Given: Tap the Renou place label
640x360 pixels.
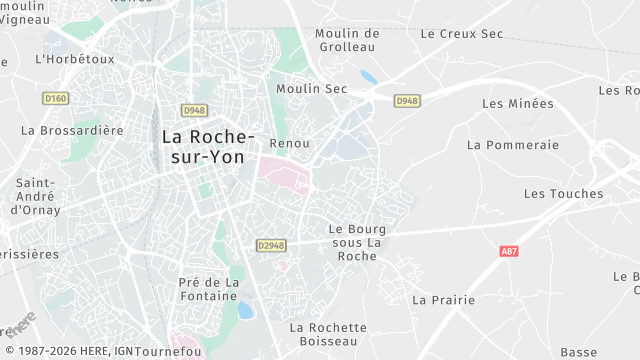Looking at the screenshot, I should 290,144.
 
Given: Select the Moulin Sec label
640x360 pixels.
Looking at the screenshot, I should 311,89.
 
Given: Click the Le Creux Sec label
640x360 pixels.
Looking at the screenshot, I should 461,33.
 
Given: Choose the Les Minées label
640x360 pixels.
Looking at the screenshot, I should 517,103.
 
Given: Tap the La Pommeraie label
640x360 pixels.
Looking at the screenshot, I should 512,144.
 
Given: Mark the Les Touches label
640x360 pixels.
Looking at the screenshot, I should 563,193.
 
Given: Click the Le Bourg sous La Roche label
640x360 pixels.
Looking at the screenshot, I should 357,242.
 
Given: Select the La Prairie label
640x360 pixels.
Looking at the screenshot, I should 440,299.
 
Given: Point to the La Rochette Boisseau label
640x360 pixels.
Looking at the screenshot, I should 328,334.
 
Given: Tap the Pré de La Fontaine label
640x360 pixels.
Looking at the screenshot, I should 209,289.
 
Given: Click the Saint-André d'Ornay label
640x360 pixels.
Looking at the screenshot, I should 36,197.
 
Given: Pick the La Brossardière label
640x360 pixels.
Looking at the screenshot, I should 72,130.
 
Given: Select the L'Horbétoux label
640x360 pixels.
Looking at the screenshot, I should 75,59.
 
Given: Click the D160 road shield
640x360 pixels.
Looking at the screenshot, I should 55,98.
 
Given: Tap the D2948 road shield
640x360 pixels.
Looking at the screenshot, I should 271,244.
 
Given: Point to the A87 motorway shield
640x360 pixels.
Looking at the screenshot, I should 509,252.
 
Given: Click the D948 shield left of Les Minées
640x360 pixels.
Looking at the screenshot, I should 406,101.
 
